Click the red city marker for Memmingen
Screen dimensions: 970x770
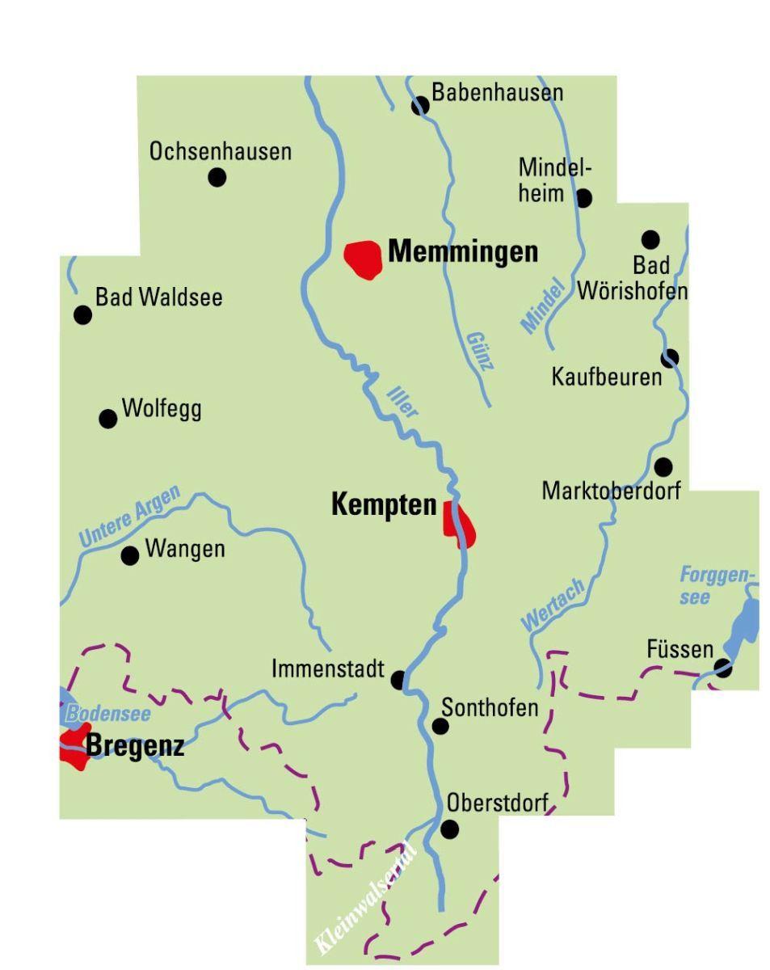(363, 259)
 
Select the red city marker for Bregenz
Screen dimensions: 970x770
(74, 745)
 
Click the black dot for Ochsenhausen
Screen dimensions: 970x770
(217, 177)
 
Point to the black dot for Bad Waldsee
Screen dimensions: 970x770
(82, 314)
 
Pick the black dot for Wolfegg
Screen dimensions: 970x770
(107, 418)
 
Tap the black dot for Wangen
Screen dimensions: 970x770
(129, 555)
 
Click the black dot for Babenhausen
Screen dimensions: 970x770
(420, 106)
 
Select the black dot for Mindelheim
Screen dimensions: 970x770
(583, 197)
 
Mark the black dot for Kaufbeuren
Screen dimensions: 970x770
(669, 357)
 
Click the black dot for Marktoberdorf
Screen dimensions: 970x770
(663, 466)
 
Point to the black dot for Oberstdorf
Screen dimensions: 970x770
(449, 829)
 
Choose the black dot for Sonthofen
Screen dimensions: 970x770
(440, 726)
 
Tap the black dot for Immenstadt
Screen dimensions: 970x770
(398, 680)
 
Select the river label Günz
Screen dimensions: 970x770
(480, 350)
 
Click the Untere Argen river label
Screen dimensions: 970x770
(128, 518)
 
